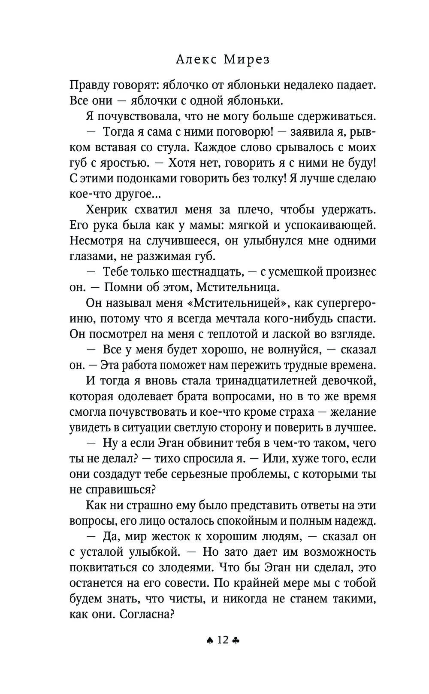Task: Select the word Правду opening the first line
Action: click(x=89, y=85)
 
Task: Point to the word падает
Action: click(x=355, y=85)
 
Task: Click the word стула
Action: click(x=173, y=147)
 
